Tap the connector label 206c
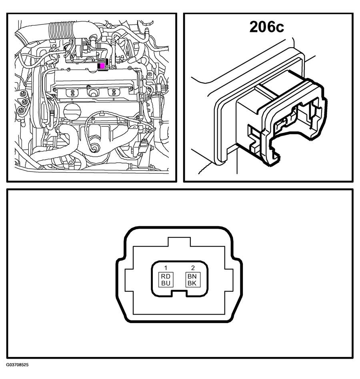[x=267, y=27]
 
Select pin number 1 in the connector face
[x=166, y=267]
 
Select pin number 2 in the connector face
[x=193, y=267]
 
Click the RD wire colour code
[x=166, y=276]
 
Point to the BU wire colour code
[x=166, y=283]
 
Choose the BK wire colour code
[x=192, y=283]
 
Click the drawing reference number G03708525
[x=17, y=365]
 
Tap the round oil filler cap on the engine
[x=72, y=111]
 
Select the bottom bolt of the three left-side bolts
[x=20, y=111]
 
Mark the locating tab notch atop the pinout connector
[x=179, y=242]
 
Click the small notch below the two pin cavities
[x=179, y=293]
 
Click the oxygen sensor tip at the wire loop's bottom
[x=96, y=147]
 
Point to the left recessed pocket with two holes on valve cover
[x=72, y=92]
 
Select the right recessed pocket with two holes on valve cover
[x=114, y=92]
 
